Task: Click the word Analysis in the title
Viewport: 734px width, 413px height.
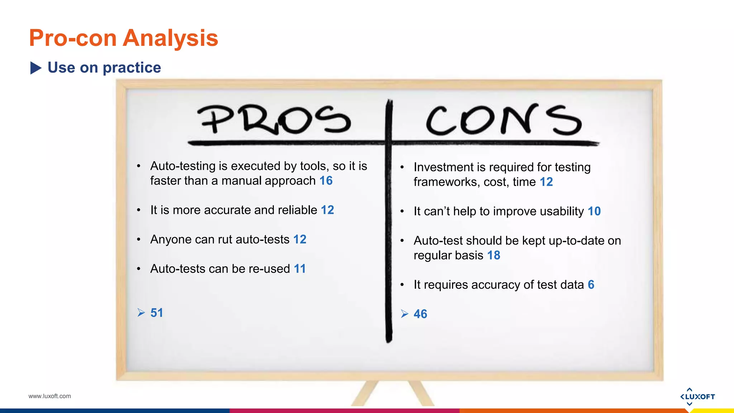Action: click(x=171, y=38)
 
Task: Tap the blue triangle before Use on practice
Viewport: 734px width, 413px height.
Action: click(x=36, y=68)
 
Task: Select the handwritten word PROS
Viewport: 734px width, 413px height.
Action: click(x=274, y=120)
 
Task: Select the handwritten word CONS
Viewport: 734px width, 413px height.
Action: click(x=503, y=120)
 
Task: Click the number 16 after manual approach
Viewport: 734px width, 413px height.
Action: click(x=326, y=181)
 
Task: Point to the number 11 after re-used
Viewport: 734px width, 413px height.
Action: click(x=300, y=269)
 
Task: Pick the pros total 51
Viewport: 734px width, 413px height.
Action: click(x=157, y=313)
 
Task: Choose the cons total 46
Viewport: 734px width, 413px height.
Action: click(x=420, y=314)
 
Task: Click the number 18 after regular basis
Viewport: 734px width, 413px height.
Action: click(x=494, y=255)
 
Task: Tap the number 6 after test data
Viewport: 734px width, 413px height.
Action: click(x=591, y=285)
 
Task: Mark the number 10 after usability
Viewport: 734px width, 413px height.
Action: click(x=594, y=211)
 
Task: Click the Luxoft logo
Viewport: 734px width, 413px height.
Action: click(x=697, y=397)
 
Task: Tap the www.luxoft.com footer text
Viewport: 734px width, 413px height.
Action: click(x=50, y=396)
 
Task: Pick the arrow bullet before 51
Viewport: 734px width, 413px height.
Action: click(x=141, y=313)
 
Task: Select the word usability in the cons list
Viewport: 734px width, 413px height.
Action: click(x=562, y=212)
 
